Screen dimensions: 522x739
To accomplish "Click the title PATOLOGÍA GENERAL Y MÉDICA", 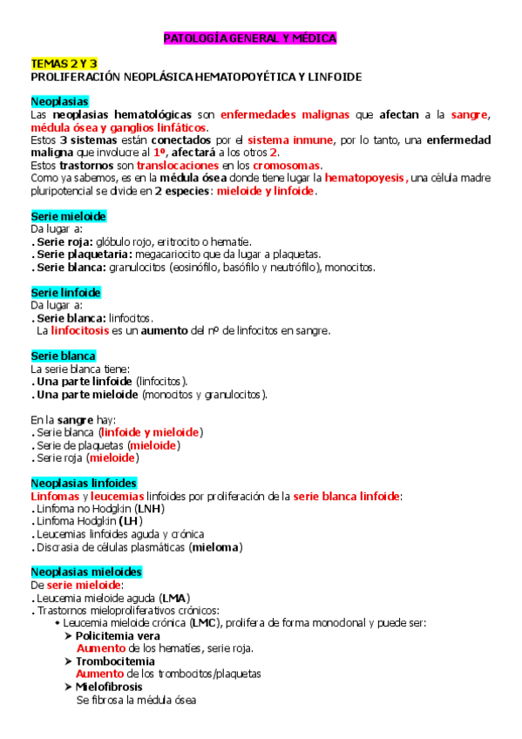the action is (x=250, y=39).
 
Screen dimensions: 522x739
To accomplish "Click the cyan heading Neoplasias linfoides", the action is (x=84, y=483).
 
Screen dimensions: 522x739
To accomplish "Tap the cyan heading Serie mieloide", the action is (x=69, y=215).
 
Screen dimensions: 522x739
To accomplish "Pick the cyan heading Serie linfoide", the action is (x=66, y=292).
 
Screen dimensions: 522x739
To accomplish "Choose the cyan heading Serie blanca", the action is (x=64, y=356).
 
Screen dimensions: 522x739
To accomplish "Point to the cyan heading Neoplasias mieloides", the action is (x=86, y=572).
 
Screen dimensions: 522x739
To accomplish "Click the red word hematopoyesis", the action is (x=364, y=178).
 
